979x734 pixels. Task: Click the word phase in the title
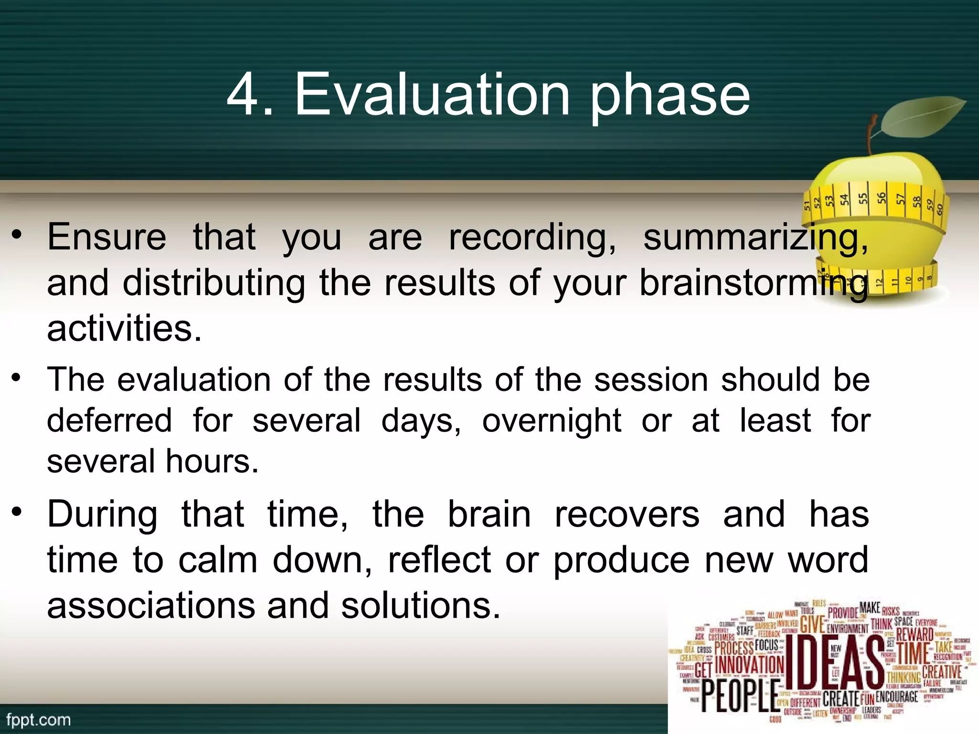pos(669,98)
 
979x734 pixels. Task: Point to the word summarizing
pos(755,238)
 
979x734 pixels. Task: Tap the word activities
pos(124,329)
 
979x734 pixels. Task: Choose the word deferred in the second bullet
pos(109,421)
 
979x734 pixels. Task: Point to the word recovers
pos(627,515)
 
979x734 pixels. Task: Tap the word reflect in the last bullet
pos(439,560)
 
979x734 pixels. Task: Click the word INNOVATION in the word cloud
pos(750,665)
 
